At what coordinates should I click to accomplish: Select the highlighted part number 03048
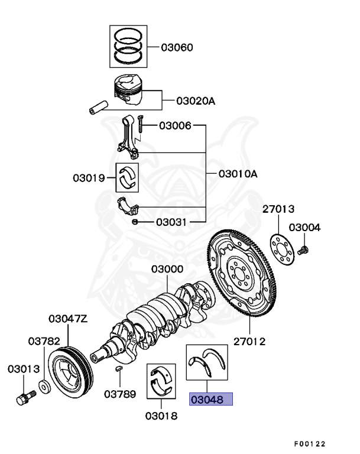[211, 400]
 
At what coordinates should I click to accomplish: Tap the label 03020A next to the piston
[195, 101]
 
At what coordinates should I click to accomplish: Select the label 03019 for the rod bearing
[89, 178]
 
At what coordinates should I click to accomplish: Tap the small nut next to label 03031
[135, 222]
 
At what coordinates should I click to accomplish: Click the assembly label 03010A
[238, 174]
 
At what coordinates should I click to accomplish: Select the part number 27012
[249, 341]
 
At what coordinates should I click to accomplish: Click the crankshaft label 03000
[167, 269]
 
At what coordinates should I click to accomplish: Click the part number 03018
[161, 415]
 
